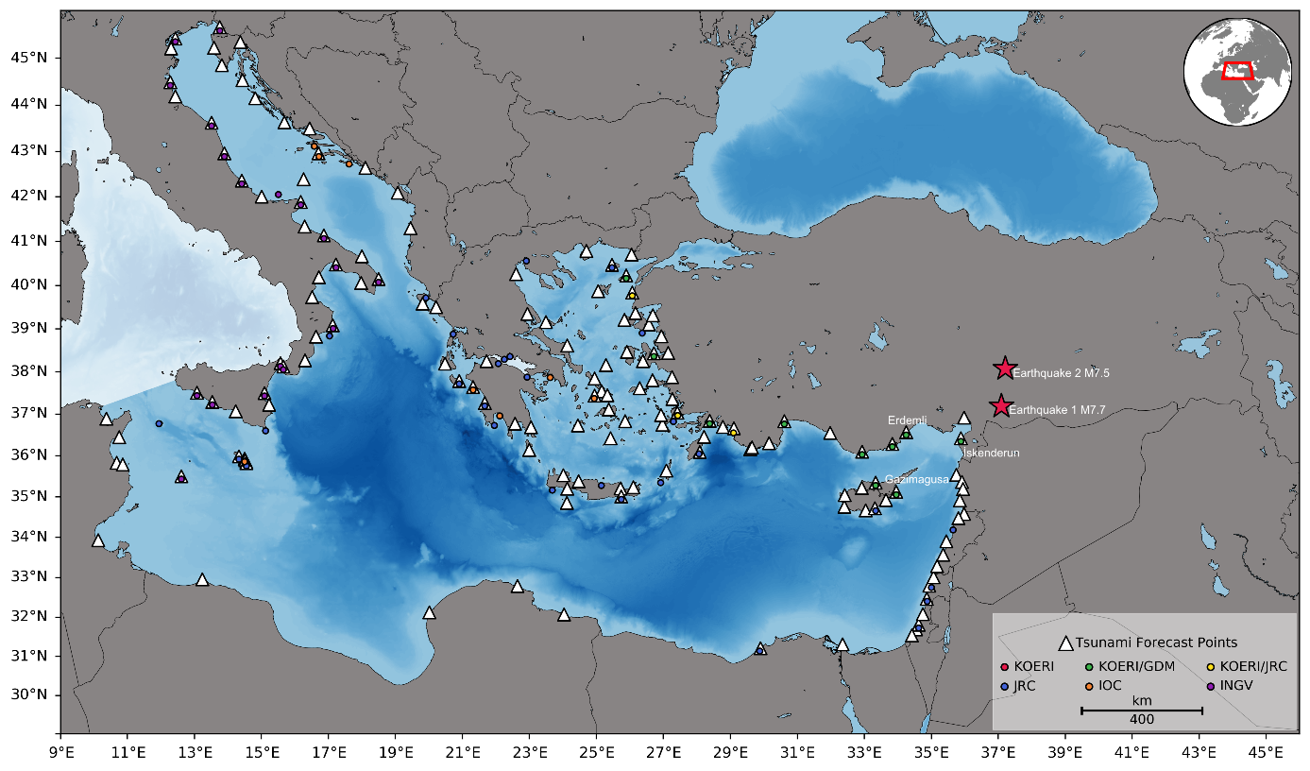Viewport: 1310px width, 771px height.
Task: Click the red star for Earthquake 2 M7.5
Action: (1005, 368)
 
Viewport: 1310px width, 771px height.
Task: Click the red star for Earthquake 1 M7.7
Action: (1000, 406)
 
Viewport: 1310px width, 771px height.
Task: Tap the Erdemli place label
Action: (907, 420)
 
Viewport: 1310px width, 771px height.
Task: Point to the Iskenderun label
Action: (991, 454)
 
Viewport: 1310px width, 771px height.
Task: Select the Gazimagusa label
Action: (916, 480)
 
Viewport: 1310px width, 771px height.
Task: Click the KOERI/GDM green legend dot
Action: (1089, 667)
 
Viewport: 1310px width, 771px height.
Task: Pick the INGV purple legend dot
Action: (1211, 686)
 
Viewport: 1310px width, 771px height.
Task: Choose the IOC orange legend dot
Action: (1089, 686)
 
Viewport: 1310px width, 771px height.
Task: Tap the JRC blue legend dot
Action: (1005, 686)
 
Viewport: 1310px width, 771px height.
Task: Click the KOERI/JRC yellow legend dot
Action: (1211, 667)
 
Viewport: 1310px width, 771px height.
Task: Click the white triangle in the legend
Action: (1065, 643)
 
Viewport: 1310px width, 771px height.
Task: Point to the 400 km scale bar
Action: (1141, 710)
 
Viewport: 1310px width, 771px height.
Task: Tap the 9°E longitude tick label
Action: (60, 753)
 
